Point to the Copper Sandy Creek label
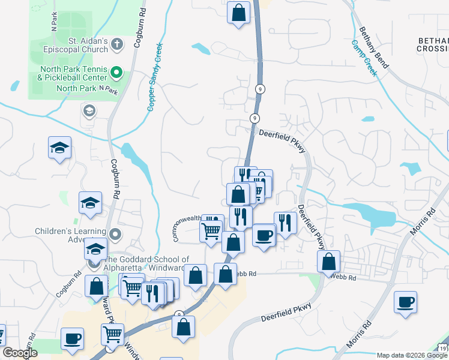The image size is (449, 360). point(154,76)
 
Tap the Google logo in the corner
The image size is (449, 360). point(20,353)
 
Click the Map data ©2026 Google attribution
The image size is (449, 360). point(412,355)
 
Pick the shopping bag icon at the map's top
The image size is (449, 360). point(238,11)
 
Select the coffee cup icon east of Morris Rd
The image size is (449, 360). point(406,301)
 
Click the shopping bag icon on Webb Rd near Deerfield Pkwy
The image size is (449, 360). point(328,261)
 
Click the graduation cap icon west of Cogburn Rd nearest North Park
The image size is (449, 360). point(59,148)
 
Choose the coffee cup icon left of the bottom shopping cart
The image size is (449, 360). point(72,338)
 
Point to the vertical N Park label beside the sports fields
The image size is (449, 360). point(55,23)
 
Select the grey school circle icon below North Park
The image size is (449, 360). point(89,110)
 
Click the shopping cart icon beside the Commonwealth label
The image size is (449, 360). point(211,230)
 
